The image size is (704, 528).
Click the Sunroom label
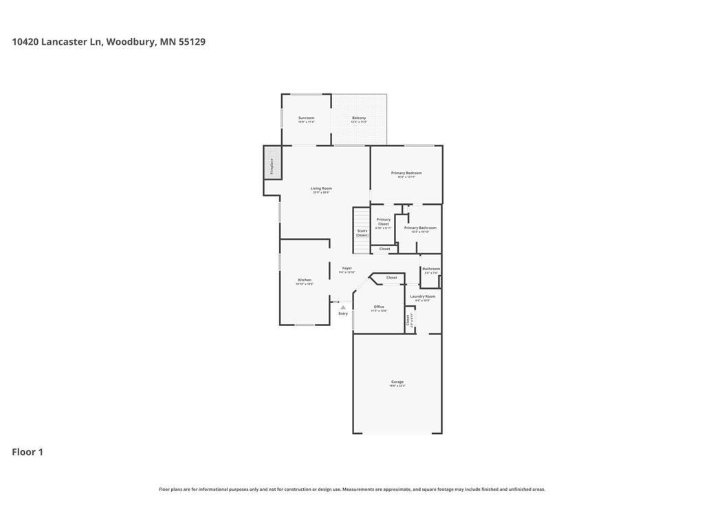pos(306,118)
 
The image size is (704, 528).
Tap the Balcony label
pos(359,118)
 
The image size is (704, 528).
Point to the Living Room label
pos(321,188)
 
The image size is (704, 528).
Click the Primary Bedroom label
pos(406,173)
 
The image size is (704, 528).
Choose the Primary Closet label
pos(383,221)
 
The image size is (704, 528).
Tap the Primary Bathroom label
pos(420,228)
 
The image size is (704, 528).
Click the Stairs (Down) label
pos(362,232)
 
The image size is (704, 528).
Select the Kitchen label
pos(305,280)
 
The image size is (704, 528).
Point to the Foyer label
pos(347,268)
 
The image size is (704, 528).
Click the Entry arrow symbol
pos(343,307)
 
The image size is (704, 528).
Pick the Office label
pos(379,307)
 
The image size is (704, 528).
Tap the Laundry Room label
pos(423,296)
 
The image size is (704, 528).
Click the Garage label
pos(397,382)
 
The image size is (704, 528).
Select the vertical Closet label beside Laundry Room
pos(408,319)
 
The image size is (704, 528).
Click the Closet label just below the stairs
pos(384,249)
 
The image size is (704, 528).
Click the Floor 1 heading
pos(27,452)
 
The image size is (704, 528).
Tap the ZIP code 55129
pos(192,42)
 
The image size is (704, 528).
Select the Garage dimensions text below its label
pos(397,386)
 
